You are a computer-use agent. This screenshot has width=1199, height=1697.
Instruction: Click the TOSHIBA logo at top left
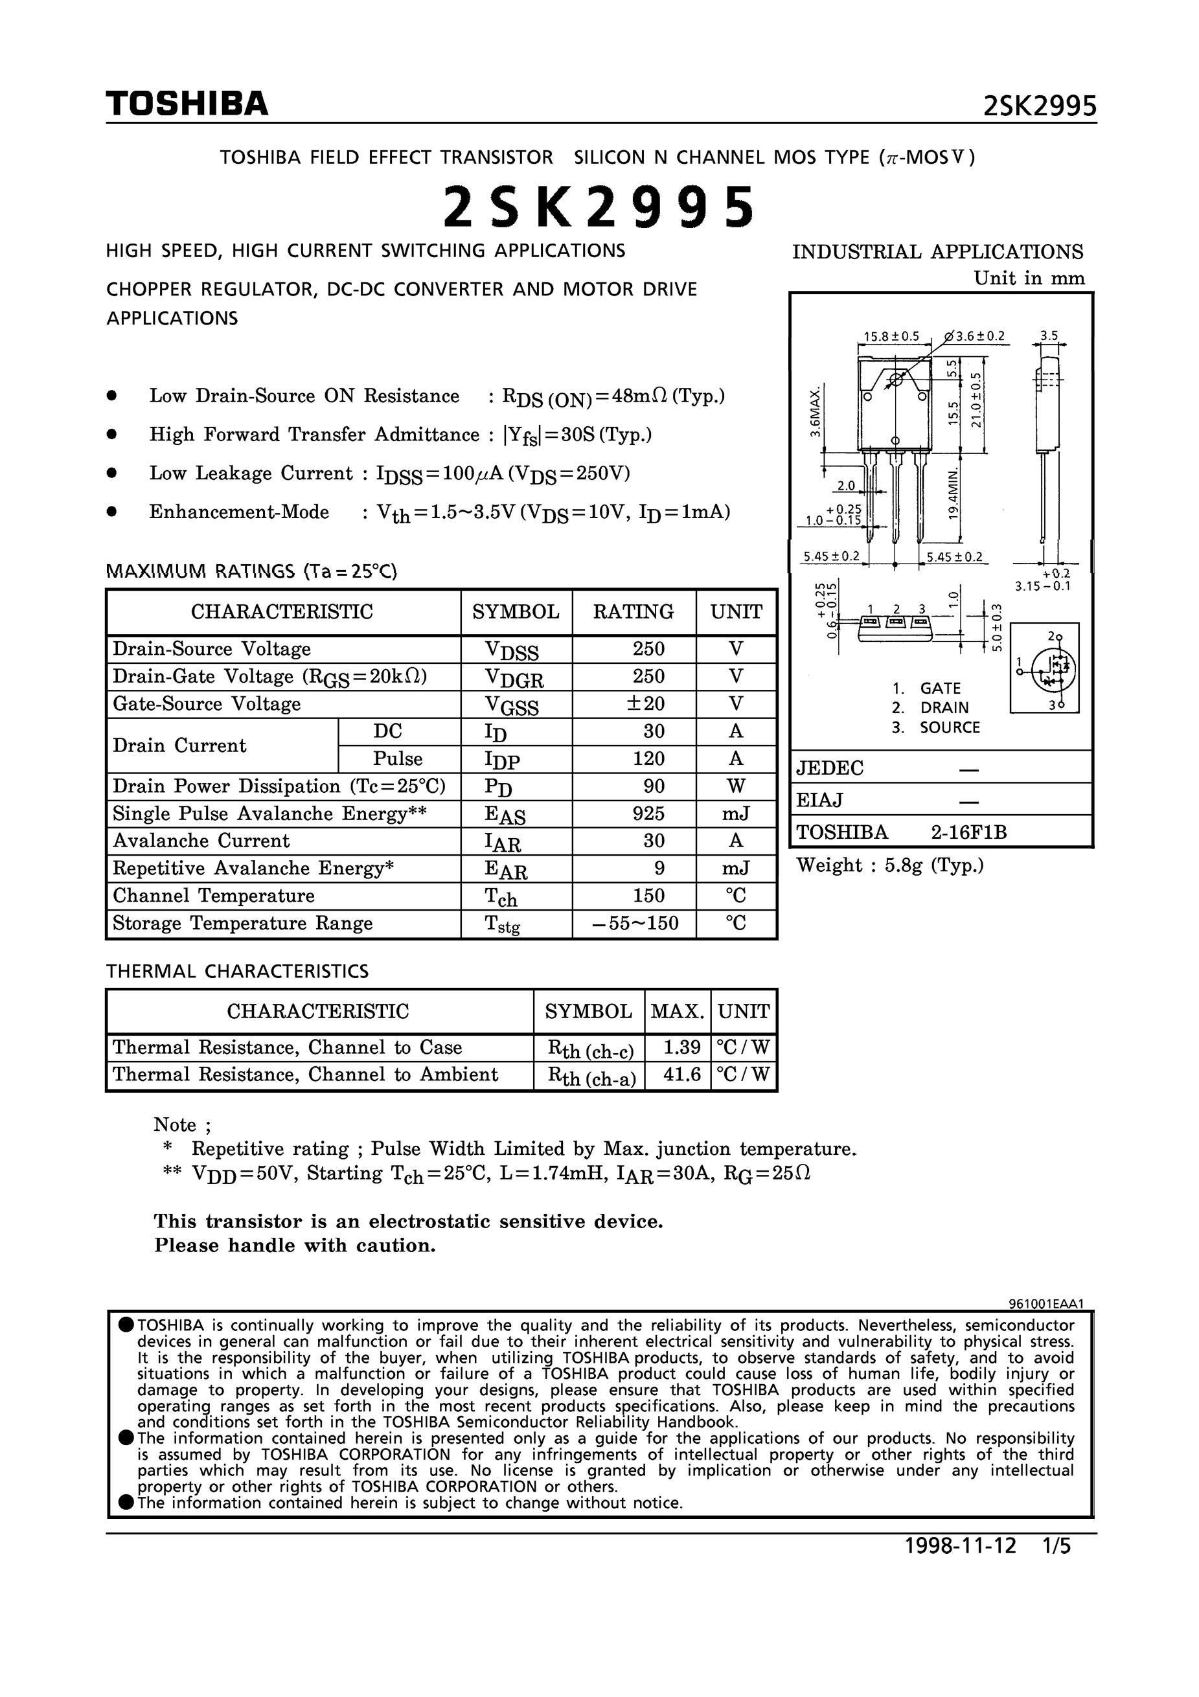coord(187,104)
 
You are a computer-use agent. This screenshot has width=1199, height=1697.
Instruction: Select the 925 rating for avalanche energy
coord(648,814)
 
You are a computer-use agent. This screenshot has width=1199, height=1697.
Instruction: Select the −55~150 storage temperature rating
coord(635,923)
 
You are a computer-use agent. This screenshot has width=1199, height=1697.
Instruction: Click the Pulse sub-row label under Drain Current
coord(398,759)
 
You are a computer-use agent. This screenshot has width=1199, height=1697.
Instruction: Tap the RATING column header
coord(634,612)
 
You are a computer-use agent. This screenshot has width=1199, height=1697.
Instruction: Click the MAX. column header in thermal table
coord(677,1011)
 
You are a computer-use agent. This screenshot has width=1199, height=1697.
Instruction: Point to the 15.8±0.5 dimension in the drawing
coord(891,336)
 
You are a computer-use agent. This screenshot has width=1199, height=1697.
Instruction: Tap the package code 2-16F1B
coord(968,833)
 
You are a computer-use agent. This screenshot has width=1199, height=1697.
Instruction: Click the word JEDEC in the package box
coord(829,769)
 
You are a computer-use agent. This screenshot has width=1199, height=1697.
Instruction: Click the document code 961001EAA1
coord(1045,1304)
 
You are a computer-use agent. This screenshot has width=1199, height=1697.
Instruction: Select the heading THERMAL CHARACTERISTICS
coord(236,971)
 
